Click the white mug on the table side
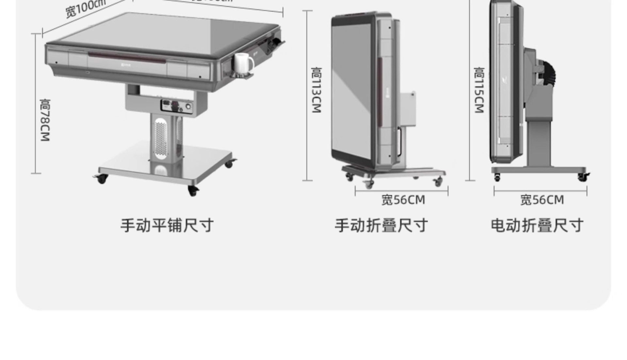pyautogui.click(x=243, y=63)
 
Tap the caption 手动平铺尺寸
pyautogui.click(x=167, y=226)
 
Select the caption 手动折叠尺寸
pyautogui.click(x=381, y=226)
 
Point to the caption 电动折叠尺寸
pyautogui.click(x=537, y=226)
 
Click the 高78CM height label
pyautogui.click(x=45, y=120)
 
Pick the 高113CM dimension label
pyautogui.click(x=316, y=90)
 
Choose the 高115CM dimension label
pyautogui.click(x=479, y=90)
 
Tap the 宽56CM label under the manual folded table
pyautogui.click(x=403, y=200)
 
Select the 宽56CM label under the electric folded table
pyautogui.click(x=542, y=200)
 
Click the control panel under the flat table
pyautogui.click(x=176, y=106)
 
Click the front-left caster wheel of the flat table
pyautogui.click(x=102, y=179)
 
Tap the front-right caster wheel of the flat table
pyautogui.click(x=193, y=191)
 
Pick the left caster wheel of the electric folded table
pyautogui.click(x=497, y=177)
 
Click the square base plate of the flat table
pyautogui.click(x=167, y=167)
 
